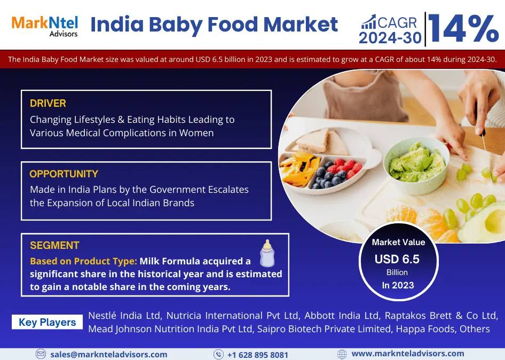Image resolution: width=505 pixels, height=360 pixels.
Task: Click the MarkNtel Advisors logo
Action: pyautogui.click(x=45, y=26)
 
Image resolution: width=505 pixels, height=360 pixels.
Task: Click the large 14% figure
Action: pyautogui.click(x=464, y=28)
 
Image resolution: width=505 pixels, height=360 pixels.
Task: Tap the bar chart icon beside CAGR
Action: pyautogui.click(x=368, y=21)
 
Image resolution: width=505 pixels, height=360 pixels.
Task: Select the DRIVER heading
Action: pyautogui.click(x=48, y=104)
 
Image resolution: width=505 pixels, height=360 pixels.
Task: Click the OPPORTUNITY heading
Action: pyautogui.click(x=64, y=174)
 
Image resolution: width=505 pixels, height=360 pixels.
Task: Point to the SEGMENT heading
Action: pyautogui.click(x=54, y=246)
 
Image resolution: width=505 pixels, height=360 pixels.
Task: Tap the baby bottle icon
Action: pyautogui.click(x=267, y=253)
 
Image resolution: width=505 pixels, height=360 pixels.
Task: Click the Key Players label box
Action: pyautogui.click(x=47, y=322)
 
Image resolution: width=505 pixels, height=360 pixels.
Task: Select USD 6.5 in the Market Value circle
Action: pyautogui.click(x=397, y=259)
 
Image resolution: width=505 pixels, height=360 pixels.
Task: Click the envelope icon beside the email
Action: pyautogui.click(x=41, y=354)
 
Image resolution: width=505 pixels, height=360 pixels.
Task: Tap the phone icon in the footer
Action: pyautogui.click(x=218, y=354)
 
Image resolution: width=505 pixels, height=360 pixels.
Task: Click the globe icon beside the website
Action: pyautogui.click(x=342, y=354)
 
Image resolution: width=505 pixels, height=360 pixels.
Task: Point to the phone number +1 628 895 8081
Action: pyautogui.click(x=258, y=355)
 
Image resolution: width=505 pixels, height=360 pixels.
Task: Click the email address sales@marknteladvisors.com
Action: pyautogui.click(x=109, y=355)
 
